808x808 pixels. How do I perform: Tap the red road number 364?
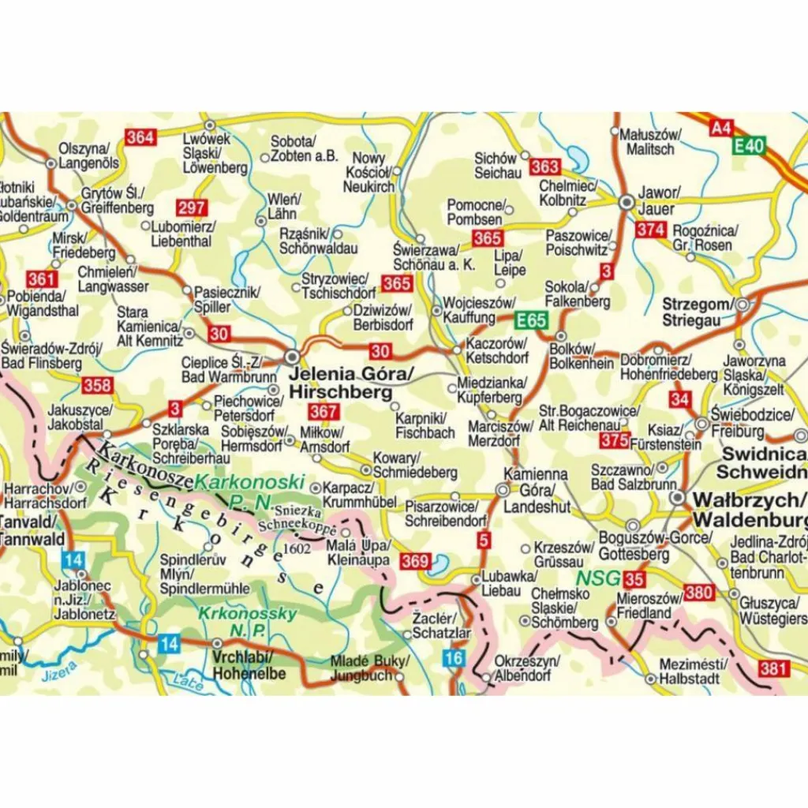(140, 137)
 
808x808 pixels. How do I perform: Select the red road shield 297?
(191, 208)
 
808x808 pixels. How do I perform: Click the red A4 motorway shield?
(720, 128)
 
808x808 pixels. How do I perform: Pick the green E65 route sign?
(531, 320)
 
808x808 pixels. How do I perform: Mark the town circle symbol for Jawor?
(627, 202)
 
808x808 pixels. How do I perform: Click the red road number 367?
(324, 412)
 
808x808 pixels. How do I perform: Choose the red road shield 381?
(773, 669)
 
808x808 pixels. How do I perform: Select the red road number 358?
(97, 386)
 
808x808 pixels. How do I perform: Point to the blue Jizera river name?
(61, 670)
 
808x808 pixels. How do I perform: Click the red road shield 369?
(415, 562)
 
